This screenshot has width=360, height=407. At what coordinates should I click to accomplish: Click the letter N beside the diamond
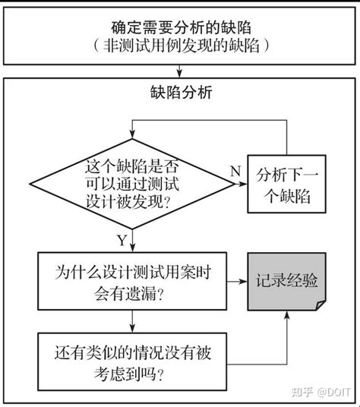tap(235, 171)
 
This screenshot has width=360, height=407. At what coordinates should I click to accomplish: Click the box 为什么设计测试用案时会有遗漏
tap(134, 280)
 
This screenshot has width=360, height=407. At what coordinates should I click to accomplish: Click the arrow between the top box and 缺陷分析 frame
tap(179, 71)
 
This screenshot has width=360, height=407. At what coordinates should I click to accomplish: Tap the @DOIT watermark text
tap(333, 392)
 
